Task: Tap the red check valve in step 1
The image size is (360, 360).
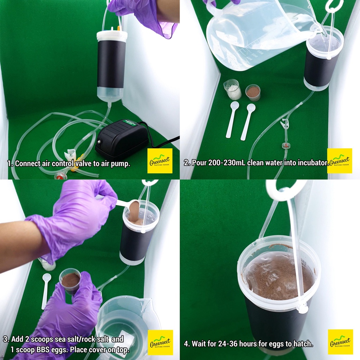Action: tap(59, 176)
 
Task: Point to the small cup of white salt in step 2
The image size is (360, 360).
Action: tap(232, 89)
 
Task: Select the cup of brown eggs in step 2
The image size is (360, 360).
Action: tap(253, 93)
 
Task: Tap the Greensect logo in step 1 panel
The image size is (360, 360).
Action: tap(160, 161)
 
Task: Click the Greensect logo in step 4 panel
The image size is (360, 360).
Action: tap(340, 342)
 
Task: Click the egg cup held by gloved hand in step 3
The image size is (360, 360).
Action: tap(70, 281)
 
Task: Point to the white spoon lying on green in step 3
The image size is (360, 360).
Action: tap(46, 291)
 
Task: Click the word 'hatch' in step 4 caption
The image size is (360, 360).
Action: tap(303, 344)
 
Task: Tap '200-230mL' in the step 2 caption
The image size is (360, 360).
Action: tap(227, 162)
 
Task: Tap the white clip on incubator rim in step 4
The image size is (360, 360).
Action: tap(302, 307)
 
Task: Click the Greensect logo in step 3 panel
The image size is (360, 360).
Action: tap(160, 342)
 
